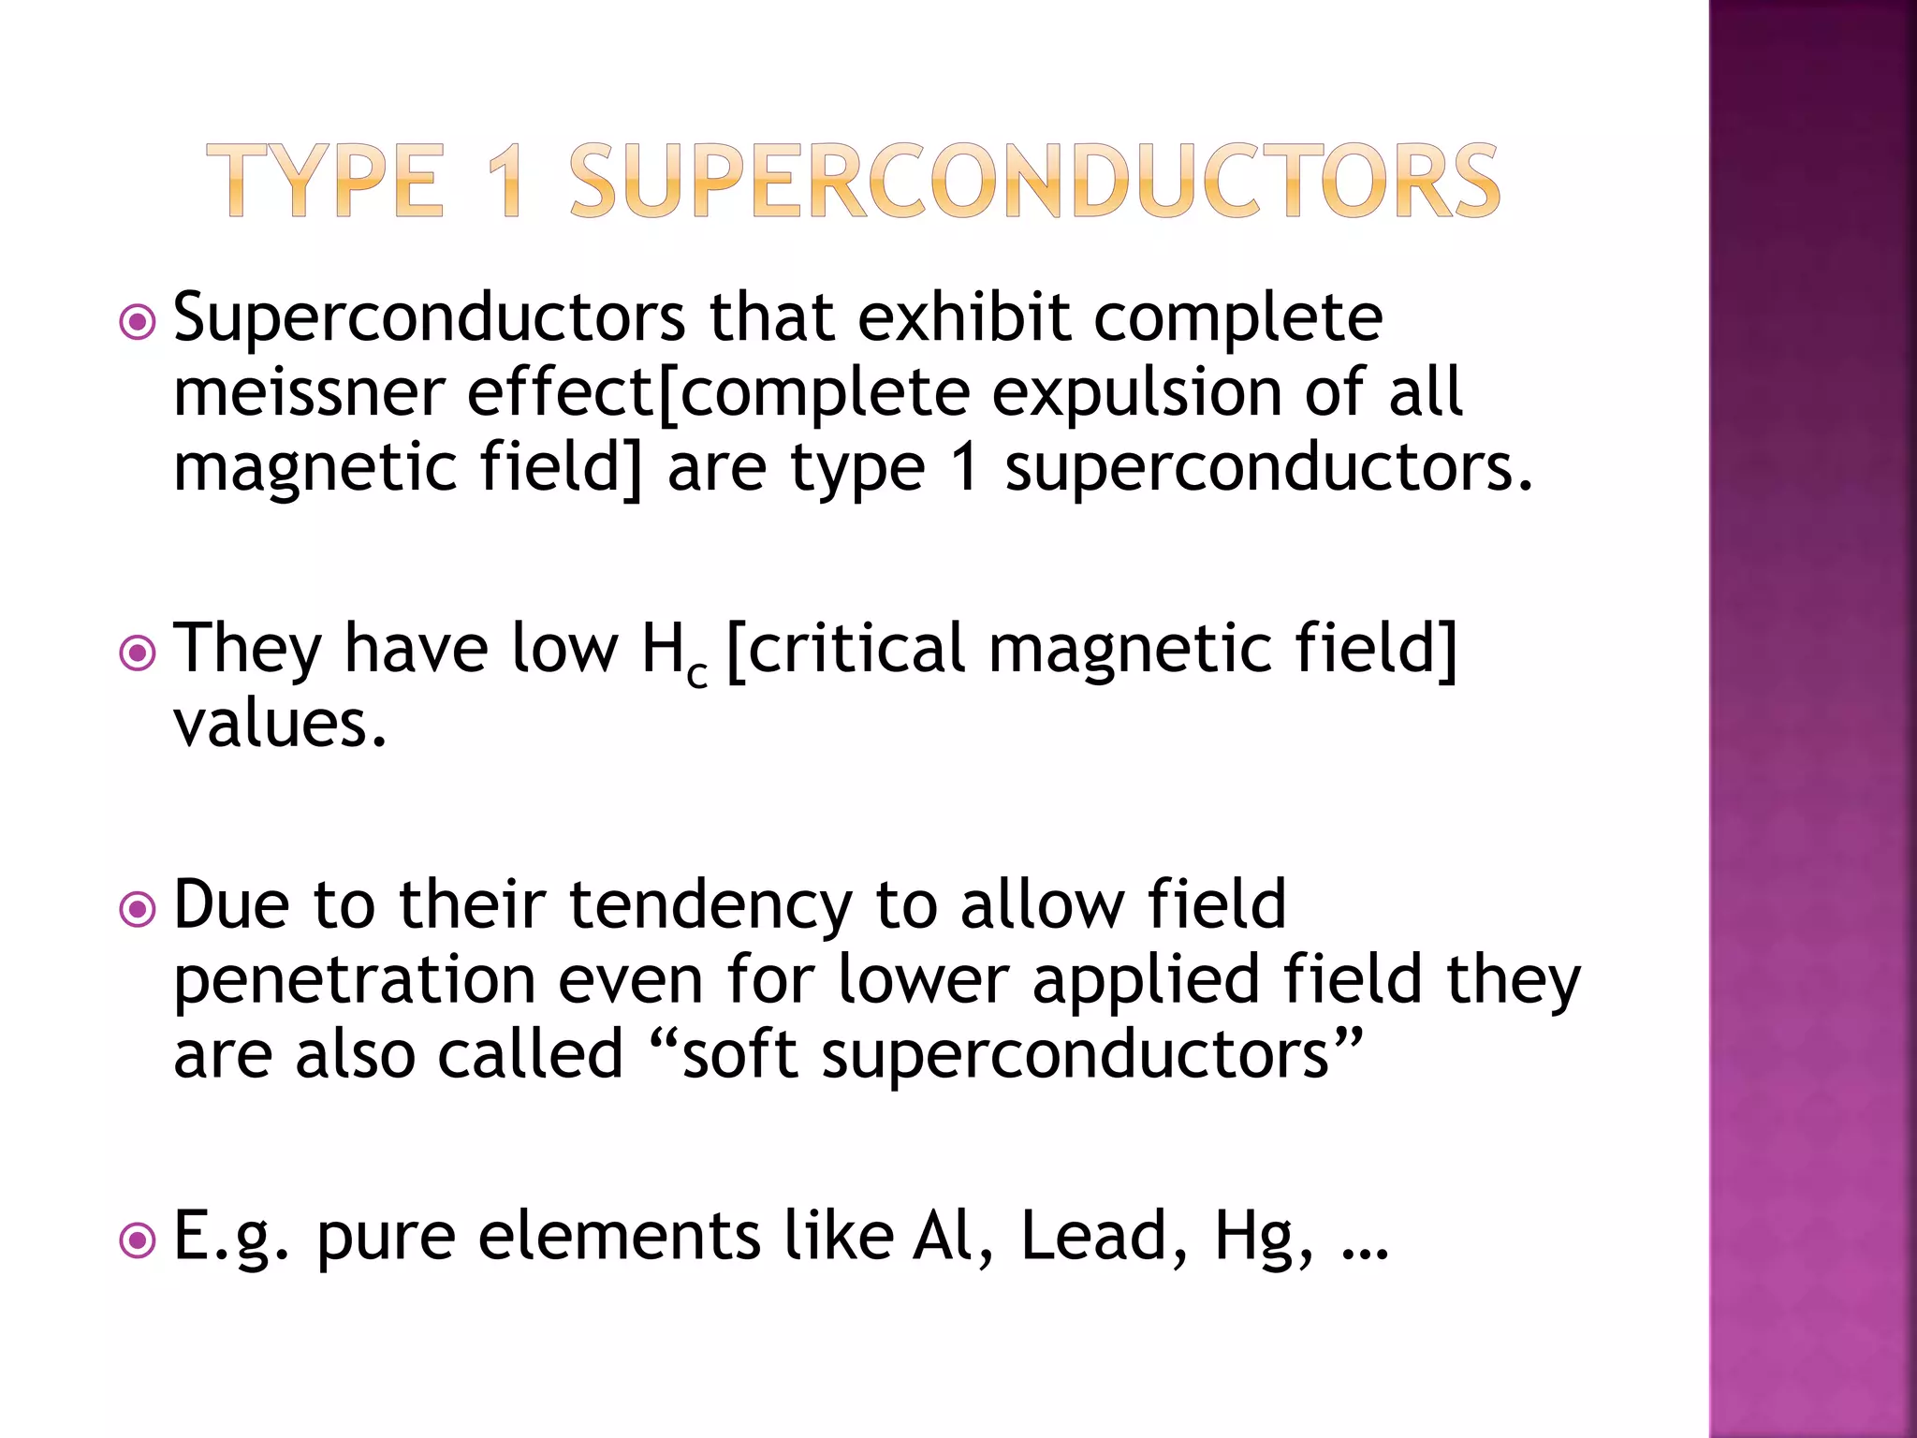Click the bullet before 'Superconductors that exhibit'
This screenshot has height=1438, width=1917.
[138, 324]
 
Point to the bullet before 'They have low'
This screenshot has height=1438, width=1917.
[138, 653]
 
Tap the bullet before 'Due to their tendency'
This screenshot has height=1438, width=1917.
[138, 909]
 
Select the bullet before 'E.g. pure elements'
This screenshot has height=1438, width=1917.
[138, 1241]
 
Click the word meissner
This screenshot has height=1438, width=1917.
[309, 392]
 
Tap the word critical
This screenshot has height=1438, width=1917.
[856, 648]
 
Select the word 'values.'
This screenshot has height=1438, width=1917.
[280, 724]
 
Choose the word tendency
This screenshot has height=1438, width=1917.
[710, 906]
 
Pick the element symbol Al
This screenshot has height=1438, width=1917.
[945, 1236]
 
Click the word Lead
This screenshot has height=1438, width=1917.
[1093, 1236]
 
